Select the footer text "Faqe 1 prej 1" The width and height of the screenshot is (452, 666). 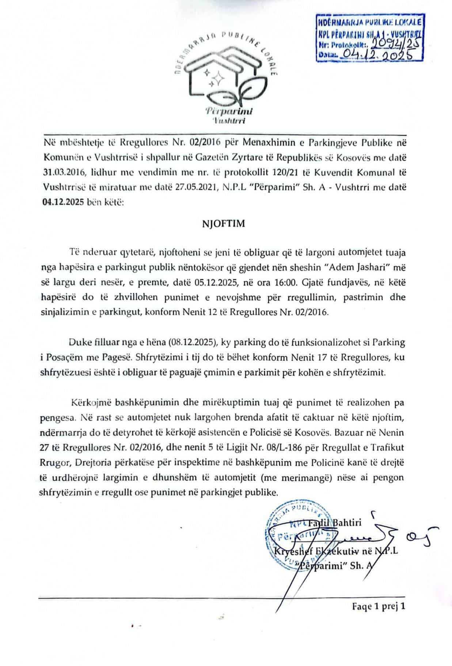[379, 607]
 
